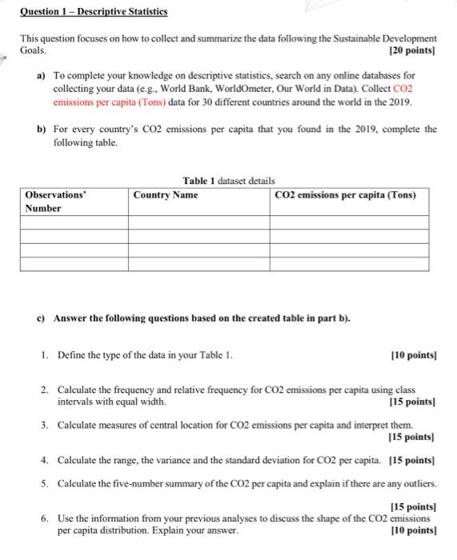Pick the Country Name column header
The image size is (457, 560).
(x=166, y=195)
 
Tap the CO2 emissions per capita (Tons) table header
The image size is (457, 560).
(x=345, y=195)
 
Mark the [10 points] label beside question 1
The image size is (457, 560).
(x=415, y=354)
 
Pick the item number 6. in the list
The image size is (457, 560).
(x=46, y=518)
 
